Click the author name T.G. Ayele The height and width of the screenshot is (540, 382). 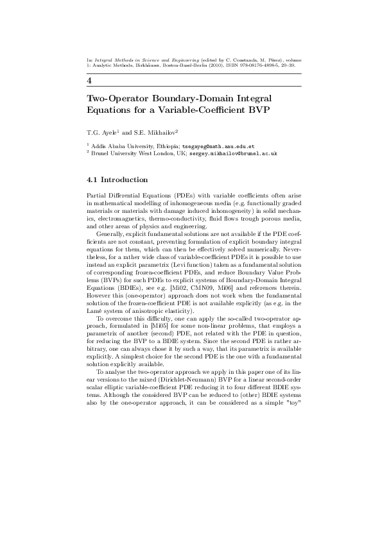[x=101, y=133]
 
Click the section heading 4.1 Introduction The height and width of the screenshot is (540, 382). [x=117, y=180]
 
